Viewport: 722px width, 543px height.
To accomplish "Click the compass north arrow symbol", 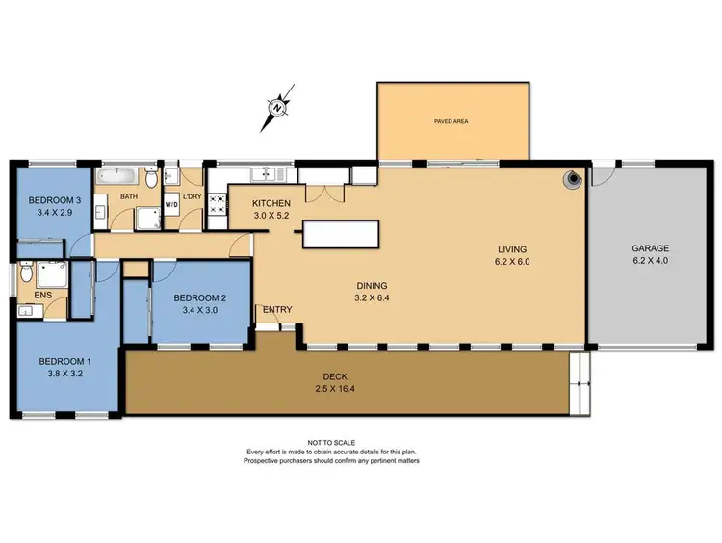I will pyautogui.click(x=276, y=109).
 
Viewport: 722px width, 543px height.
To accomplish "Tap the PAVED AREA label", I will pyautogui.click(x=452, y=122).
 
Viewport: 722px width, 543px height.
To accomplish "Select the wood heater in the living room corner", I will pyautogui.click(x=574, y=178).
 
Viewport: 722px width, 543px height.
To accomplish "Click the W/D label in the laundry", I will pyautogui.click(x=172, y=205).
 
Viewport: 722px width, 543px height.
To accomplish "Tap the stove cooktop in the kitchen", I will pyautogui.click(x=217, y=202).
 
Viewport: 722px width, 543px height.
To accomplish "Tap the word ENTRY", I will pyautogui.click(x=276, y=309).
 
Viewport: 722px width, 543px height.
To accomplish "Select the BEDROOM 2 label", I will pyautogui.click(x=199, y=298).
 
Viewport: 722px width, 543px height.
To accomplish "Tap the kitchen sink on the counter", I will pyautogui.click(x=262, y=174).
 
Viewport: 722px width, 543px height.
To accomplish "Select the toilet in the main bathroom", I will pyautogui.click(x=152, y=178).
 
